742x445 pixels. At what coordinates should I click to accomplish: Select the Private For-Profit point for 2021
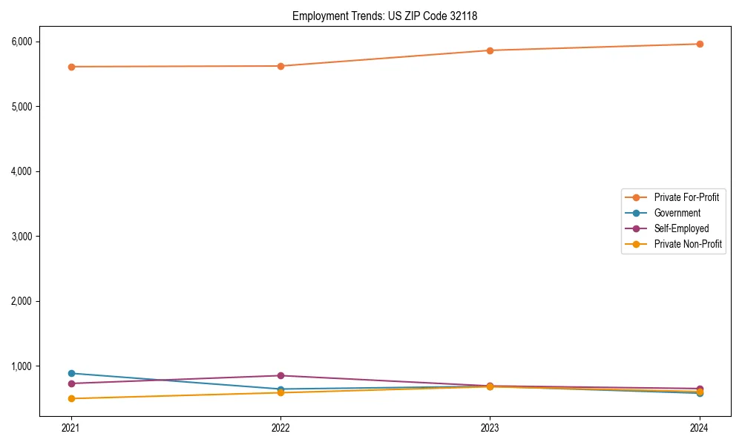point(71,67)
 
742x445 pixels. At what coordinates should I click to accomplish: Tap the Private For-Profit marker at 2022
point(280,66)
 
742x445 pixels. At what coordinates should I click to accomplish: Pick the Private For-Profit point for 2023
point(490,50)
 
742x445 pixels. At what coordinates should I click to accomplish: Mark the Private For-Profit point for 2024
point(700,44)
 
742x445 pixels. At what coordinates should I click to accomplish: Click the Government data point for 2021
point(71,373)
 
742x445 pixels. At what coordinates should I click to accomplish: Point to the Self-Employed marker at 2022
point(280,375)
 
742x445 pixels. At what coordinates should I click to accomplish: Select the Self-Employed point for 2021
point(71,383)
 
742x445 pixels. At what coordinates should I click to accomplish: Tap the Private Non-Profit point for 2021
point(71,398)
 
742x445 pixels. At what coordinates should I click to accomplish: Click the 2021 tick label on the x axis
point(71,427)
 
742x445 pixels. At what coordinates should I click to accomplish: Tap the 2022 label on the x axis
point(280,427)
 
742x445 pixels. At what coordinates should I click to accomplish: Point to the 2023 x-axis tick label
point(490,427)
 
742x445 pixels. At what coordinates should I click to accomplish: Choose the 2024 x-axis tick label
point(700,427)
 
